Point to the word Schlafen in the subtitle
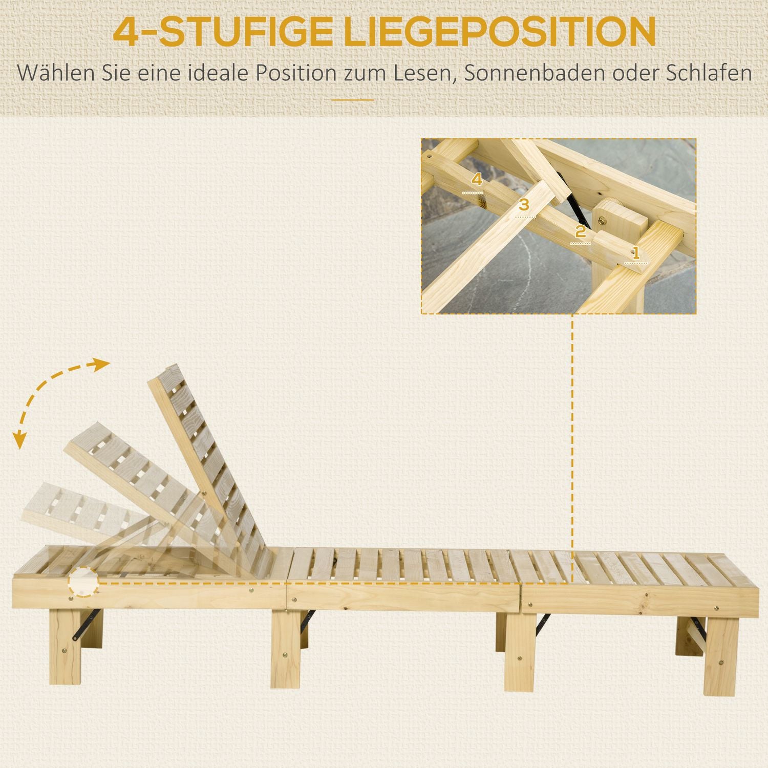point(709,73)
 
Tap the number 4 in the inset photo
point(477,179)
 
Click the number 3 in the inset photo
point(523,205)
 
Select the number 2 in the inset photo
point(580,231)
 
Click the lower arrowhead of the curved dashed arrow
point(19,440)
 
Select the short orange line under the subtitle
point(353,100)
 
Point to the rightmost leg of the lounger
point(721,650)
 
